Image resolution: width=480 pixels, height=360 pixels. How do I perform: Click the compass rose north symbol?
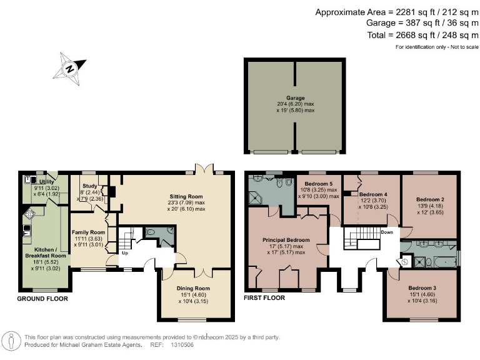pos(70,68)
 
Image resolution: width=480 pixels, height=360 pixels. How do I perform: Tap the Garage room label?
pos(295,98)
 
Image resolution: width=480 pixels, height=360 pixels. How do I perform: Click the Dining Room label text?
pos(193,288)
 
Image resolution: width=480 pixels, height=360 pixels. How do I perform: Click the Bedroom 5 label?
pos(319,182)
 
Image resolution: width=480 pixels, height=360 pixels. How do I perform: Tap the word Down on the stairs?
pos(387,231)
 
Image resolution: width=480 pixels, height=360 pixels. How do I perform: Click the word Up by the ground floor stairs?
pos(124,254)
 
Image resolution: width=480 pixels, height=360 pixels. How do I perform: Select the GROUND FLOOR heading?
pos(42,299)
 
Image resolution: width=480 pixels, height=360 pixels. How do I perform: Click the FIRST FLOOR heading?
pos(264,298)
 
